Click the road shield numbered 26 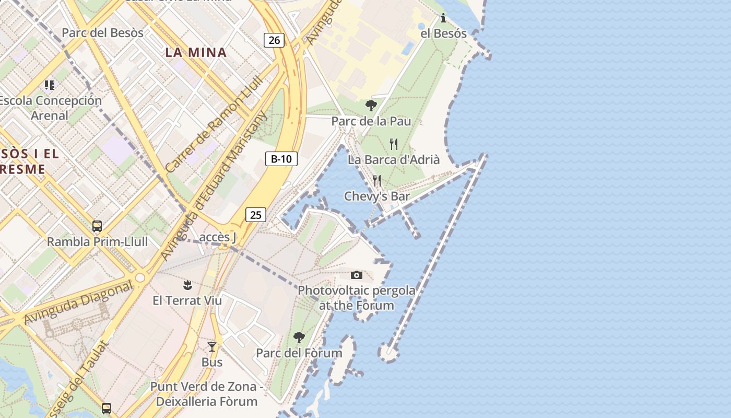(x=274, y=40)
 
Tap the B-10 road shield (x=281, y=159)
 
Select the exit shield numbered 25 (x=255, y=215)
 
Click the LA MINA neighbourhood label (x=196, y=52)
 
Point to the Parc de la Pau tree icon (x=371, y=106)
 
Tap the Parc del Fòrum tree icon (x=299, y=338)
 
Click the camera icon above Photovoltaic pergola (x=357, y=275)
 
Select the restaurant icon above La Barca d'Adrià (x=394, y=144)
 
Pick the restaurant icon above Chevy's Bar (x=377, y=181)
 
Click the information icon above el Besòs (x=443, y=18)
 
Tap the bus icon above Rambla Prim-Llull (x=97, y=226)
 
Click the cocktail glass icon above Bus (x=212, y=346)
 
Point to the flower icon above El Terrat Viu (x=187, y=285)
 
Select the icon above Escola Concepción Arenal (x=50, y=85)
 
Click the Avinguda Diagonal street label (x=78, y=303)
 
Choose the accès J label (x=218, y=238)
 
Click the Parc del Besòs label (x=102, y=33)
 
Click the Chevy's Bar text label (x=377, y=196)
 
